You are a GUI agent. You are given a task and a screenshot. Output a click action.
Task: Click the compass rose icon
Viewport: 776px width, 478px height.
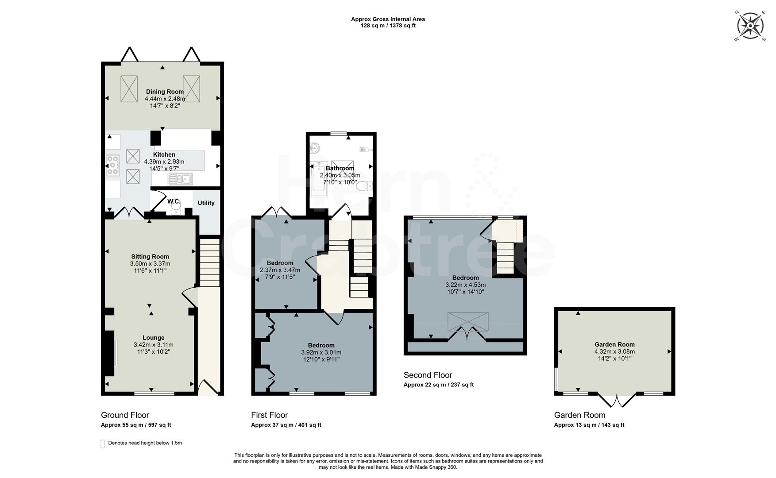point(750,26)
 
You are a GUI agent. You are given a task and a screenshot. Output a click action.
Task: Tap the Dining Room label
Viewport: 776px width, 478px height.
point(165,92)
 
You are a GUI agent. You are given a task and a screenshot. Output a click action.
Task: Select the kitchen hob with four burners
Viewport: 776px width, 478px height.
point(113,165)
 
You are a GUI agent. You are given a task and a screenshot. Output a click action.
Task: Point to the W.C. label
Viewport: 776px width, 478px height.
point(174,201)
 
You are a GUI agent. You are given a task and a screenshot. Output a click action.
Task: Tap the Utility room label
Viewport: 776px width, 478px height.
point(206,203)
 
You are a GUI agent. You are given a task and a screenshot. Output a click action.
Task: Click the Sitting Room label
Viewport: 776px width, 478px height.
point(150,256)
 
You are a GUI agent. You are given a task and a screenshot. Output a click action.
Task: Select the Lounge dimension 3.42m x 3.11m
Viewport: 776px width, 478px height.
point(153,345)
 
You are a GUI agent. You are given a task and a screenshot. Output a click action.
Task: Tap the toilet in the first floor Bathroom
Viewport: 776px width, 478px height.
point(365,187)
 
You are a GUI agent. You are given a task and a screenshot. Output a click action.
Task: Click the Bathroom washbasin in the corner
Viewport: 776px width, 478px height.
point(315,147)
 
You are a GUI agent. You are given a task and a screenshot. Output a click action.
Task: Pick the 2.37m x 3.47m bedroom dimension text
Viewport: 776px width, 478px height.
point(280,270)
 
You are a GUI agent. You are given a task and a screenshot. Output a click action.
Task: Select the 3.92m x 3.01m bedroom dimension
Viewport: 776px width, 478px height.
point(321,352)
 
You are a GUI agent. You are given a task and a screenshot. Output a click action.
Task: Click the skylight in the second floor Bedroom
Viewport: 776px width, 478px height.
point(468,321)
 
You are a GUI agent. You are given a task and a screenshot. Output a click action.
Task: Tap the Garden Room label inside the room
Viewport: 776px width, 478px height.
point(614,344)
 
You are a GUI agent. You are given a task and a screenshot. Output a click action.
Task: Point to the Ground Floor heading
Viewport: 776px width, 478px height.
point(125,415)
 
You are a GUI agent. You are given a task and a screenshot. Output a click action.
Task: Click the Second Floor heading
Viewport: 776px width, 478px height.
point(428,375)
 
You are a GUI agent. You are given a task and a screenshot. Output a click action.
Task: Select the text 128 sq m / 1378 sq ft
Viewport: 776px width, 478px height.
point(388,26)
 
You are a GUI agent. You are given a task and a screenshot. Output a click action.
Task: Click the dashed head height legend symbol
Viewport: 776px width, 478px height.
point(103,443)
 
